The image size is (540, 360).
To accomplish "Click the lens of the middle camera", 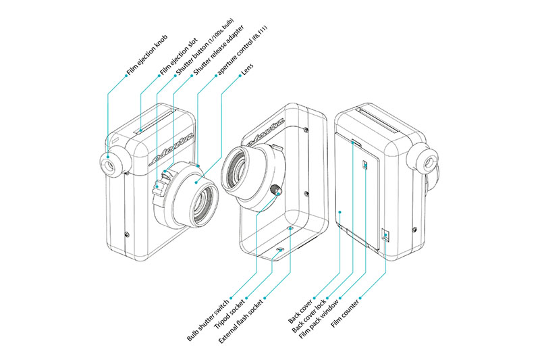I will click(238, 168).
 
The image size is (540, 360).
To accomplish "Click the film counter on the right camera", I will click(385, 235).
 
